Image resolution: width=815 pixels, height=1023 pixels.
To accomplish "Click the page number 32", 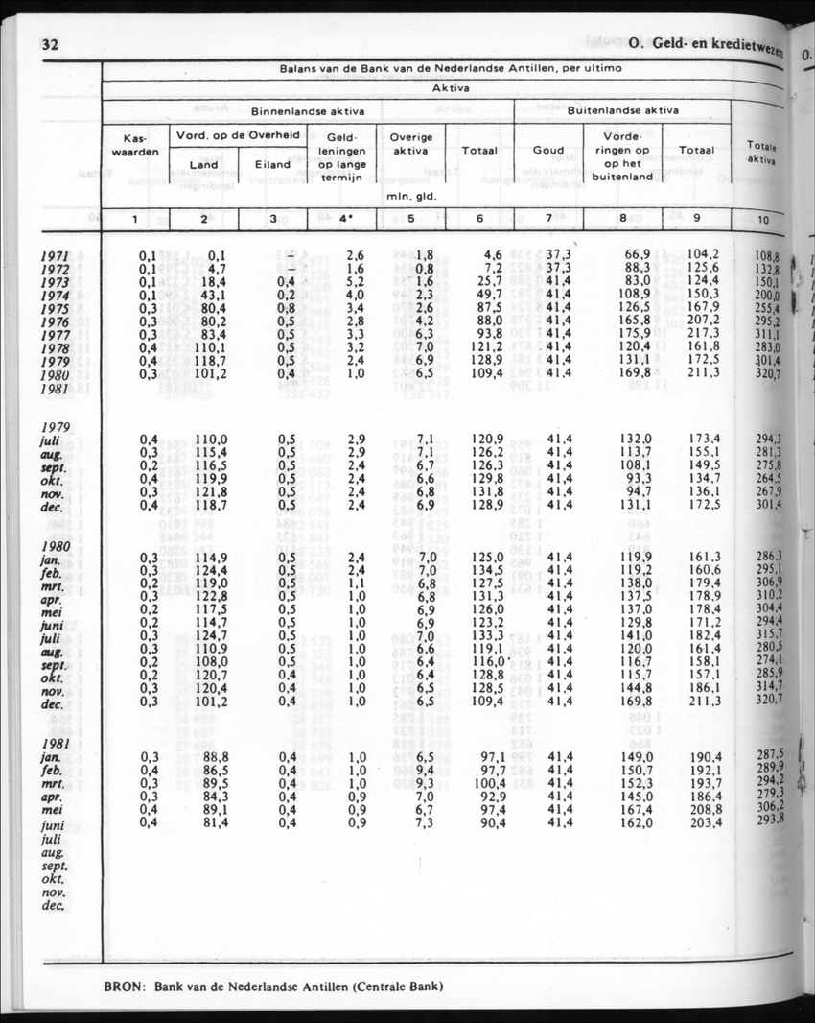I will [52, 44].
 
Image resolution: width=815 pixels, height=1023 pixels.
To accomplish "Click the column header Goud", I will [547, 151].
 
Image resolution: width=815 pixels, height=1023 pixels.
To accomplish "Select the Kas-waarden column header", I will [135, 146].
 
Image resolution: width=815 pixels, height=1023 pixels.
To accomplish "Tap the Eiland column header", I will [272, 164].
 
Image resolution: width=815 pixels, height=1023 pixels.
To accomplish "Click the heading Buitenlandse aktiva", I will [622, 110].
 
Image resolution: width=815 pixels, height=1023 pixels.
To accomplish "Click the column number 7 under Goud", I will [547, 218].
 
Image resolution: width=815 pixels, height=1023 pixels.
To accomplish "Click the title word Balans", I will [299, 69].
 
